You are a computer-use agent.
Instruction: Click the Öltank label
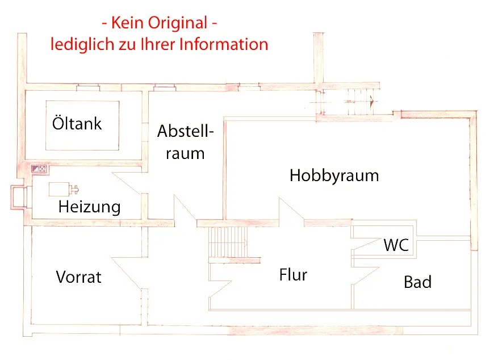tap(77, 123)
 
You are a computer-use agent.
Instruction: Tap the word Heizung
tap(89, 207)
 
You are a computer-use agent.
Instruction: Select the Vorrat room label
tap(78, 277)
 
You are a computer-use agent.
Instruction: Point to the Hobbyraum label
tap(334, 175)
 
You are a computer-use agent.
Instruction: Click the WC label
tap(396, 245)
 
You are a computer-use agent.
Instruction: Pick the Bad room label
tap(417, 282)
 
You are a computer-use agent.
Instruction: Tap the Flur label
tap(293, 275)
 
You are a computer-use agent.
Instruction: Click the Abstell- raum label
tap(185, 141)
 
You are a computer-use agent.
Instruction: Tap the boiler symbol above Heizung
tap(62, 189)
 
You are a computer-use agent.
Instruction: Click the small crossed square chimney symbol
tap(42, 169)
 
